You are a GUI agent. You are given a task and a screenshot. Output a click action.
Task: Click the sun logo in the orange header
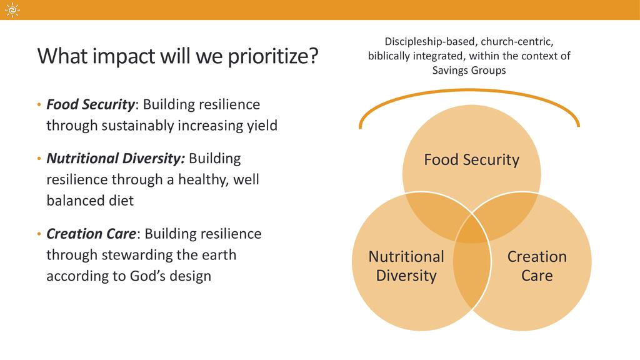click(x=12, y=10)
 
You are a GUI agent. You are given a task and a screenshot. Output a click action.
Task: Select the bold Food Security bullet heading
click(x=90, y=104)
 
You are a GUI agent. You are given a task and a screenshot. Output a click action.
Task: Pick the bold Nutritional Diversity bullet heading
click(x=116, y=158)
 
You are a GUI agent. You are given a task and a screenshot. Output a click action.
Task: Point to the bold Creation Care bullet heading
click(x=91, y=234)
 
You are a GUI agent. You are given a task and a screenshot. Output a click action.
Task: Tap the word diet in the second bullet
click(x=121, y=201)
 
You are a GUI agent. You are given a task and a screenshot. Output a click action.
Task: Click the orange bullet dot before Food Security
click(x=39, y=105)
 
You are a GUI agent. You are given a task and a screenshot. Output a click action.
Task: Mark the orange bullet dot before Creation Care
click(x=39, y=234)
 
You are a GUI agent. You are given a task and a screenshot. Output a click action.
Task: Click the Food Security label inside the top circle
click(x=471, y=159)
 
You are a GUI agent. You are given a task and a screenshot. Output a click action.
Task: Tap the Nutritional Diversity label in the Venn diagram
click(x=406, y=266)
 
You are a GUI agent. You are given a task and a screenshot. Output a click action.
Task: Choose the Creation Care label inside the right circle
click(x=537, y=266)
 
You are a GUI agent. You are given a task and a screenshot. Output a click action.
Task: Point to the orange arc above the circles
click(x=469, y=91)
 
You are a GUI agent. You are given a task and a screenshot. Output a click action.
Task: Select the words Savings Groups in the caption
click(x=469, y=71)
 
